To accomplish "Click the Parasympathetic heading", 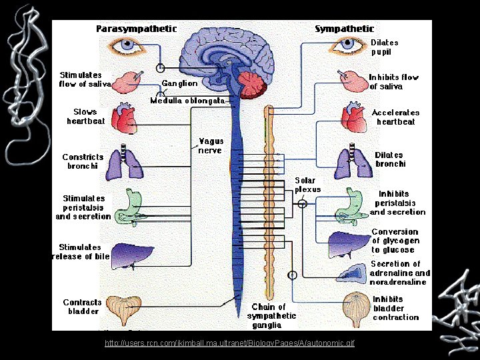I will pos(137,29).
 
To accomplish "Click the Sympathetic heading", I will pos(344,29).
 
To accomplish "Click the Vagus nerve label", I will pos(211,146).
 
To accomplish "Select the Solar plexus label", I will pos(307,185).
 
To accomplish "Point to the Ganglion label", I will pos(179,83).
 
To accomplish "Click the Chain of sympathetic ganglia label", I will pos(267,316).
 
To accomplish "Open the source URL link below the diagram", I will pos(230,343).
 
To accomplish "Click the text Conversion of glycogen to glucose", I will pos(395,241).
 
